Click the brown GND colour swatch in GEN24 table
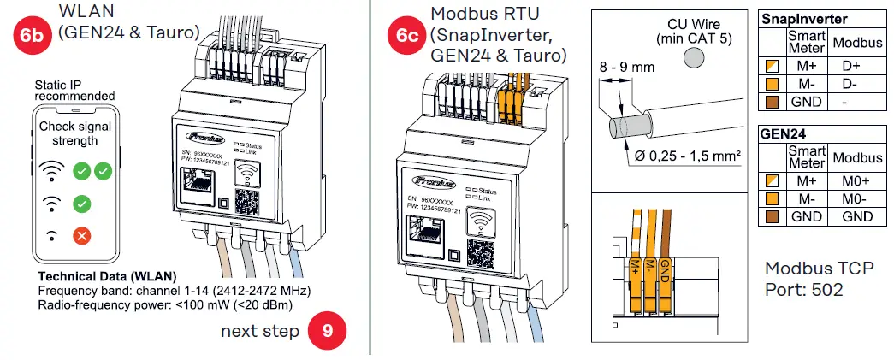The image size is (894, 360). [772, 217]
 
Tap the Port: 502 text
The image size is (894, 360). [803, 290]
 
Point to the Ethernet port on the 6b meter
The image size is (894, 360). [198, 183]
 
